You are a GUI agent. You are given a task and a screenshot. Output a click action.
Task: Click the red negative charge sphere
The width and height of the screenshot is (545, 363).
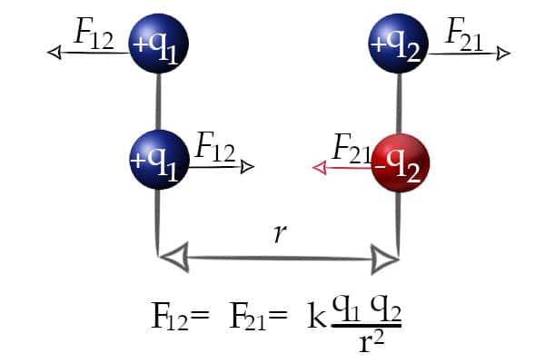click(x=401, y=163)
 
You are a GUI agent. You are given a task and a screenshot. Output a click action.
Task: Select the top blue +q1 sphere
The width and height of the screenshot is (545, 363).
click(x=158, y=44)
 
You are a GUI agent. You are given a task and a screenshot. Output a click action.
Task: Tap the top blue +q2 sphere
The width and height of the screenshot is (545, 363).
click(x=399, y=44)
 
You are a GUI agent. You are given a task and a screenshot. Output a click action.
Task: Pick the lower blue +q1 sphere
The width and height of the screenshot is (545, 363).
click(x=159, y=160)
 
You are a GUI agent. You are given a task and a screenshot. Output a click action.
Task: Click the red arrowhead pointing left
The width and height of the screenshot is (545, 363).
click(x=320, y=168)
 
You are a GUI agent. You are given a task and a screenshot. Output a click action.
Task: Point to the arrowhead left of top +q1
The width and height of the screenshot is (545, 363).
click(x=54, y=53)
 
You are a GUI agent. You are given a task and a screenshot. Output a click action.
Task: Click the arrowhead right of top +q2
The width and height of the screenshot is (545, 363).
click(x=503, y=54)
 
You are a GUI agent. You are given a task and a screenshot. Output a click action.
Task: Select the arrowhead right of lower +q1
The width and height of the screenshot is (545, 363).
click(x=247, y=167)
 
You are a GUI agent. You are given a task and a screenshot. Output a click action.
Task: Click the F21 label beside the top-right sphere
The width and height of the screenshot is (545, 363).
click(x=463, y=34)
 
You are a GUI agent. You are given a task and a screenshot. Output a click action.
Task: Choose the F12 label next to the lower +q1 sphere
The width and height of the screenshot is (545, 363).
click(x=215, y=147)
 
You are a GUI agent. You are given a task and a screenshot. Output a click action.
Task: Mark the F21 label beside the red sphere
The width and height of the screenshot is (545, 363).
click(x=352, y=148)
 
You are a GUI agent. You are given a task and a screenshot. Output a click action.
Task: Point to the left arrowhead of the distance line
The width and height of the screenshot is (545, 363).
click(x=174, y=258)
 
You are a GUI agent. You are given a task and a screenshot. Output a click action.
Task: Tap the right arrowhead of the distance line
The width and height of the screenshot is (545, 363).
click(x=384, y=260)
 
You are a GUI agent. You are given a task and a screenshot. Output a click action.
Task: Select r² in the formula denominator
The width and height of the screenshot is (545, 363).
click(x=372, y=341)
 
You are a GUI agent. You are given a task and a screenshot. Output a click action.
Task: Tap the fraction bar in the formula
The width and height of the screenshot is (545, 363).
click(x=367, y=326)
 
